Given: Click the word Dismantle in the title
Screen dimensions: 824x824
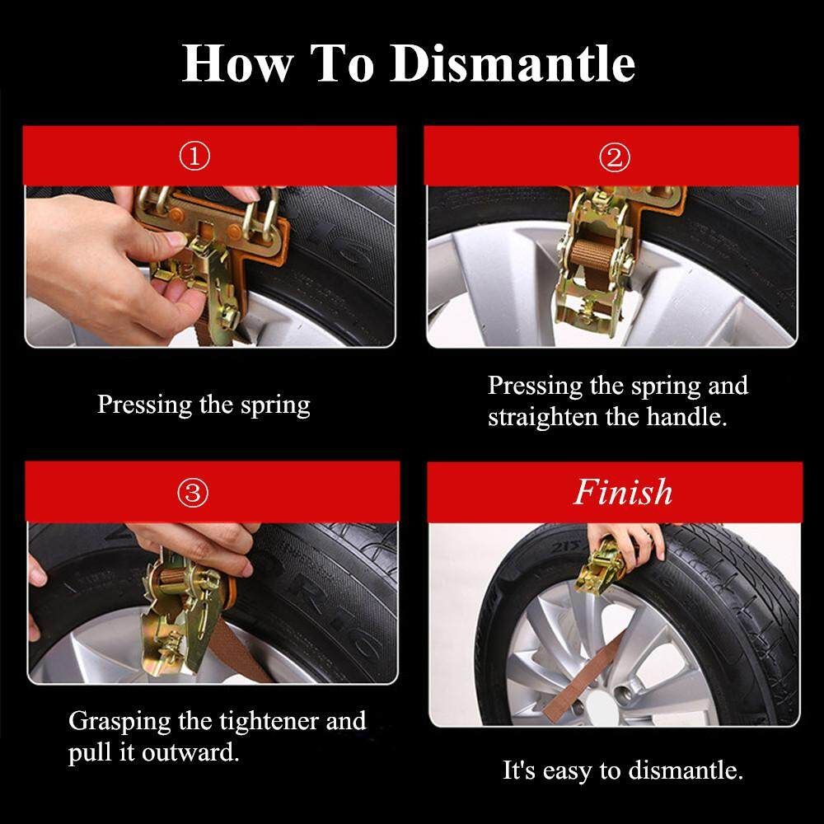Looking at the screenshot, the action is (513, 63).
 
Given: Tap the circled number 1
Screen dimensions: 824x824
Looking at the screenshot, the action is (194, 157).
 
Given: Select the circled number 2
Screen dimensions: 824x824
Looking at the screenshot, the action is (615, 157).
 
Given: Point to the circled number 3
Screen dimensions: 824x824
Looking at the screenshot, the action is (193, 493).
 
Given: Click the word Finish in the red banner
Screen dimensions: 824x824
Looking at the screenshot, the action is (623, 493).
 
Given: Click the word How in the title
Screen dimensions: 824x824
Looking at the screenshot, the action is (237, 63).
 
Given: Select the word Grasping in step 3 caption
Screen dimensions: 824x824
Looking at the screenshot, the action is (119, 722).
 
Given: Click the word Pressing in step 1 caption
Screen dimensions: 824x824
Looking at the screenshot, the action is (145, 406).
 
